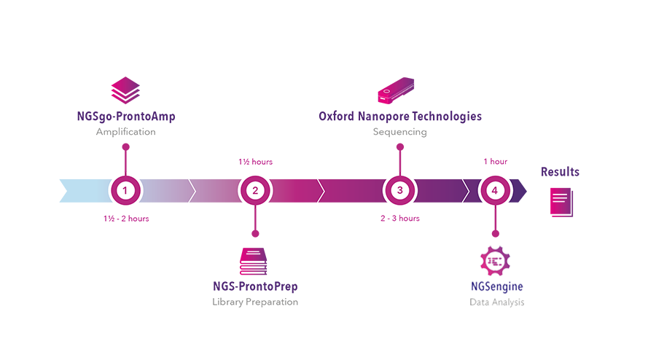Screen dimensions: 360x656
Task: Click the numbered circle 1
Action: click(126, 191)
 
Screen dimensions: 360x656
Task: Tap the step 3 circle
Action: click(399, 191)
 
